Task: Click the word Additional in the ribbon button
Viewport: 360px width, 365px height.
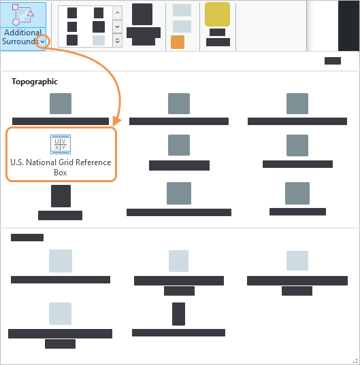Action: coord(23,33)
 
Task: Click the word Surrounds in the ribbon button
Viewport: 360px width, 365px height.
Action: coord(20,41)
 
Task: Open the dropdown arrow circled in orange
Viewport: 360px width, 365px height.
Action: coord(43,41)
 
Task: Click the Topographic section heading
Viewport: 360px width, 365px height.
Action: coord(35,82)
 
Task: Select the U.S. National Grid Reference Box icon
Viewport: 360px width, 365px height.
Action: coord(61,144)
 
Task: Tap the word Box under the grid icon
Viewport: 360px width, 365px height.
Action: coord(61,173)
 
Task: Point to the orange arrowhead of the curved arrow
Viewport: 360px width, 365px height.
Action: coord(117,121)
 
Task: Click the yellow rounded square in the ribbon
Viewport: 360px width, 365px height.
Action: coord(217,14)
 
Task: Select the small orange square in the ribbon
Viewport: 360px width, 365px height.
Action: coord(178,42)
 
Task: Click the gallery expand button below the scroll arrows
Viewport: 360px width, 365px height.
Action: coord(118,41)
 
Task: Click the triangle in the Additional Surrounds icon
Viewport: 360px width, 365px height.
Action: coord(30,13)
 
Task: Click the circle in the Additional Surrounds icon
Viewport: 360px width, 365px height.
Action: coord(16,22)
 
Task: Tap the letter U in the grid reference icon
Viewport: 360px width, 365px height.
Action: coord(57,141)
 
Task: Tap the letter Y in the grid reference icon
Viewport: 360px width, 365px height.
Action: coord(64,147)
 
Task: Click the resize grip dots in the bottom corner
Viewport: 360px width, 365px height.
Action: coord(355,361)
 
